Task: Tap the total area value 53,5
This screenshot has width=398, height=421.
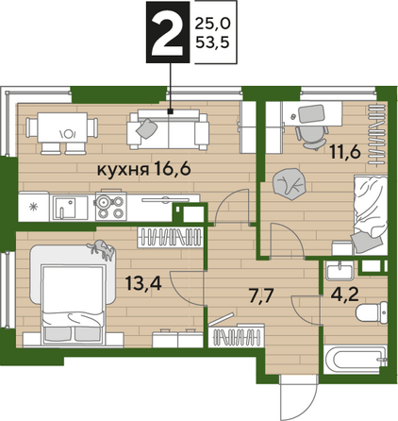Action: click(212, 42)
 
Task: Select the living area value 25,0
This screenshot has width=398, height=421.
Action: click(212, 24)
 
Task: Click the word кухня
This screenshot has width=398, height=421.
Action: click(124, 171)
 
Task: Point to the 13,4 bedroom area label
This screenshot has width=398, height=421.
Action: click(143, 283)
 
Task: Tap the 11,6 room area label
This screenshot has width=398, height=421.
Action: click(344, 152)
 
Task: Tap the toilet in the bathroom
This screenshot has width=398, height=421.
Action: click(372, 312)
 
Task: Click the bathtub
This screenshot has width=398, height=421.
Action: click(356, 360)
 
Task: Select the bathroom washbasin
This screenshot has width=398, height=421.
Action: click(340, 270)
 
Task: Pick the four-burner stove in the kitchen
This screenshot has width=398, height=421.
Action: click(111, 206)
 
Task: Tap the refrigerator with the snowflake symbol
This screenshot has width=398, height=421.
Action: click(33, 206)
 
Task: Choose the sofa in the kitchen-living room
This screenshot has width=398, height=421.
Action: click(168, 129)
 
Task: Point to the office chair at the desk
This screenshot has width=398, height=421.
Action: click(311, 137)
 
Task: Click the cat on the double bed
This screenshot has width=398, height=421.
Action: click(101, 250)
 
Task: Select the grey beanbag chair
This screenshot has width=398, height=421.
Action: click(290, 184)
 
